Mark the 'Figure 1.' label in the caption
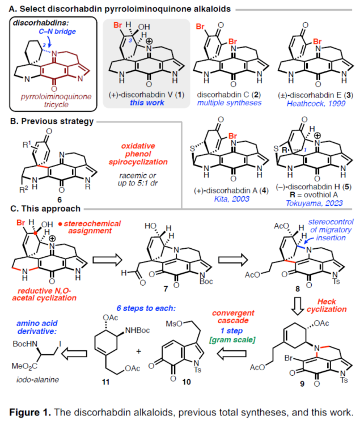point(39,411)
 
